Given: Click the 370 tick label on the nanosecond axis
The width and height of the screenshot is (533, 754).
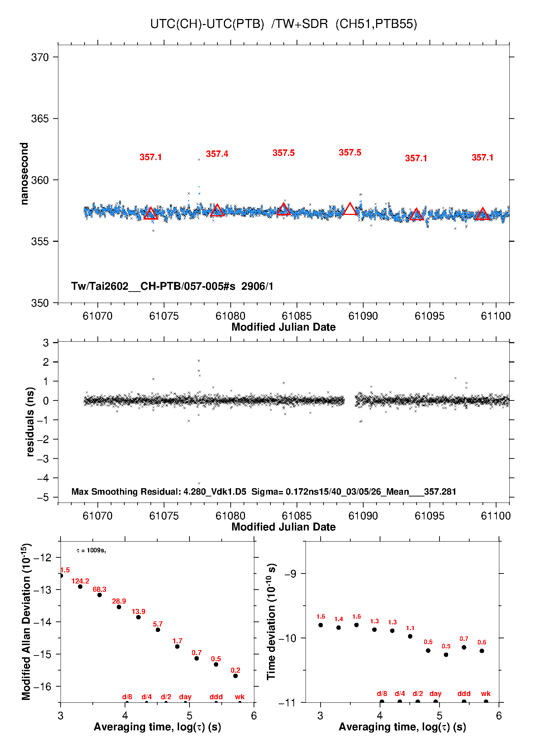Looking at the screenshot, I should click(x=40, y=57).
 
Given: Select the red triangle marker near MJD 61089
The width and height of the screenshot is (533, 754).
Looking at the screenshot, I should click(x=350, y=209).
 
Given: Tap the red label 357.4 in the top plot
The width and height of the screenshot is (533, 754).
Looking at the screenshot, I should click(x=217, y=154).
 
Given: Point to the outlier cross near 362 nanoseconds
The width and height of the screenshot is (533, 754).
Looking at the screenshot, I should click(x=199, y=159).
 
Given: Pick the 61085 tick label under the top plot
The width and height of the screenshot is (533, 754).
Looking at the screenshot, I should click(x=297, y=316).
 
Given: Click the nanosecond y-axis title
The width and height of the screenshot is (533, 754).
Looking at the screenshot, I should click(x=24, y=174).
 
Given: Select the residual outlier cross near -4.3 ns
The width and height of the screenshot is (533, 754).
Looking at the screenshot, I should click(x=199, y=483).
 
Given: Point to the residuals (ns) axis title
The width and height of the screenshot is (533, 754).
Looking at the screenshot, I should click(x=30, y=422).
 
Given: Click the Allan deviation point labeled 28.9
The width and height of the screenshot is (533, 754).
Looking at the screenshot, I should click(x=119, y=607).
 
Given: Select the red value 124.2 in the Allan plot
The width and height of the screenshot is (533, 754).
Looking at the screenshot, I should click(x=80, y=581).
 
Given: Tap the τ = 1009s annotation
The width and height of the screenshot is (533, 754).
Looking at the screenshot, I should click(x=91, y=550).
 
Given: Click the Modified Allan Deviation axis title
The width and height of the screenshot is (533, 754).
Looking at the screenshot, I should click(x=26, y=621).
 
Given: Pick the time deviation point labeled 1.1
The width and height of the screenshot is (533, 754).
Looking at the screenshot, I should click(x=410, y=636).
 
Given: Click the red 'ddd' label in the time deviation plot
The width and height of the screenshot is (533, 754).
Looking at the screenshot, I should click(x=464, y=693).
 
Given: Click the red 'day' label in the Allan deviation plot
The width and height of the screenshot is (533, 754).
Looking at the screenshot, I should click(x=185, y=697).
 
